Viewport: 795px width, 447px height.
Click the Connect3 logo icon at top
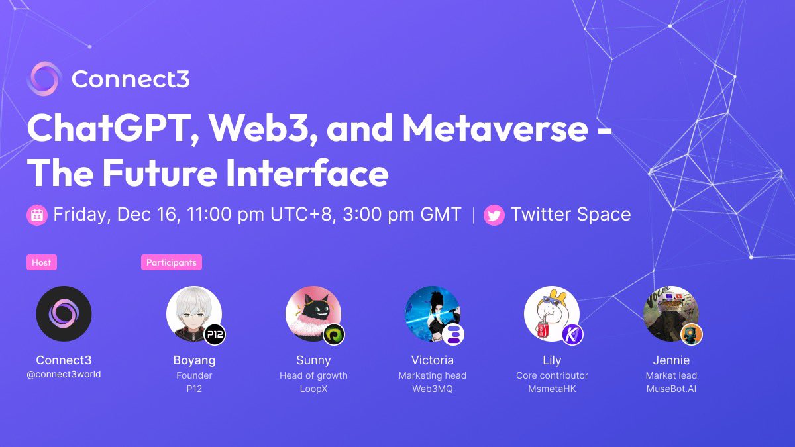point(44,79)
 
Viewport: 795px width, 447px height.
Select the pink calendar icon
point(37,215)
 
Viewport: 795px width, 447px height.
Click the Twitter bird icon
point(494,215)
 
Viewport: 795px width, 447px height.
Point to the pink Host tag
point(41,262)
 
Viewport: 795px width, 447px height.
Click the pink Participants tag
point(172,262)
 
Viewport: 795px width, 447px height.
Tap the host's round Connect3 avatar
point(64,314)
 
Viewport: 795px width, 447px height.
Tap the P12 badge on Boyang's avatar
point(215,334)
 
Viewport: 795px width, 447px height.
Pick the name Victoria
point(433,360)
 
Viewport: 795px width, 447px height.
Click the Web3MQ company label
point(433,389)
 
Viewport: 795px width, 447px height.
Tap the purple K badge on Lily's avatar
point(572,334)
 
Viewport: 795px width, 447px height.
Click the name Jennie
point(671,360)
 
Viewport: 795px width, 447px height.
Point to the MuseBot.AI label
point(671,389)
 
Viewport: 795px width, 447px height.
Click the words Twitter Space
point(570,215)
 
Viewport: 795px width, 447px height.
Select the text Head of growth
point(313,375)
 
